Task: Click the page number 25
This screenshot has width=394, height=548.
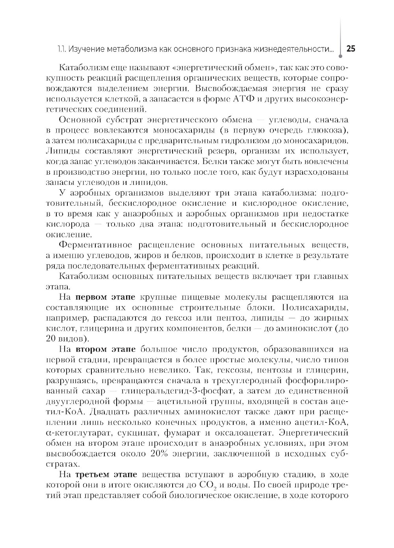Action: [350, 49]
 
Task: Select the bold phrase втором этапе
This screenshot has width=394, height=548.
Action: [106, 349]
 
